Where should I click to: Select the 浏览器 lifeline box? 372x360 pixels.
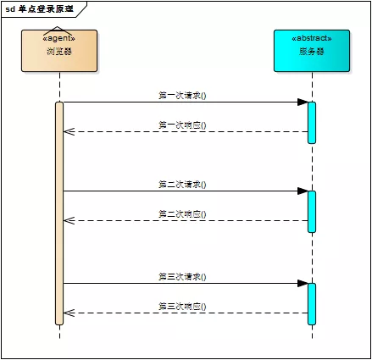click(x=59, y=51)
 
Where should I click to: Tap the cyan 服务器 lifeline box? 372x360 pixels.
click(x=311, y=51)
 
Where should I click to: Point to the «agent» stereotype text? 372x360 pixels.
click(x=59, y=39)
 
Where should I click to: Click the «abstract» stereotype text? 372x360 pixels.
click(x=311, y=39)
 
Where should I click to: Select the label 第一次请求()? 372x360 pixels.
click(x=182, y=95)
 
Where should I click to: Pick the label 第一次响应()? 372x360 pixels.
click(x=182, y=125)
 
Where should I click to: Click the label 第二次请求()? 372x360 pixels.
click(x=182, y=184)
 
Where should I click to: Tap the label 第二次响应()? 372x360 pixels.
click(x=182, y=213)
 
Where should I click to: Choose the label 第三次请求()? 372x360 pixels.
click(x=182, y=276)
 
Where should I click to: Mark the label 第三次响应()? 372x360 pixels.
click(x=182, y=306)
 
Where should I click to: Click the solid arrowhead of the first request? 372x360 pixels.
click(x=302, y=102)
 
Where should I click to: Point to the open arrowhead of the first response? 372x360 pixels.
click(x=69, y=131)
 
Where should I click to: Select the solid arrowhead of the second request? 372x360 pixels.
click(x=302, y=191)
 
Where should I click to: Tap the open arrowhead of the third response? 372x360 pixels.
click(x=69, y=313)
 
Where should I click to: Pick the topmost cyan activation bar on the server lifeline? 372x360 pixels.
click(x=312, y=122)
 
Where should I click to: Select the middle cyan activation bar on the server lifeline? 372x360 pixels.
click(x=312, y=211)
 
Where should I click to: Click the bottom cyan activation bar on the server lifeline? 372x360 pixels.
click(x=312, y=303)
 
